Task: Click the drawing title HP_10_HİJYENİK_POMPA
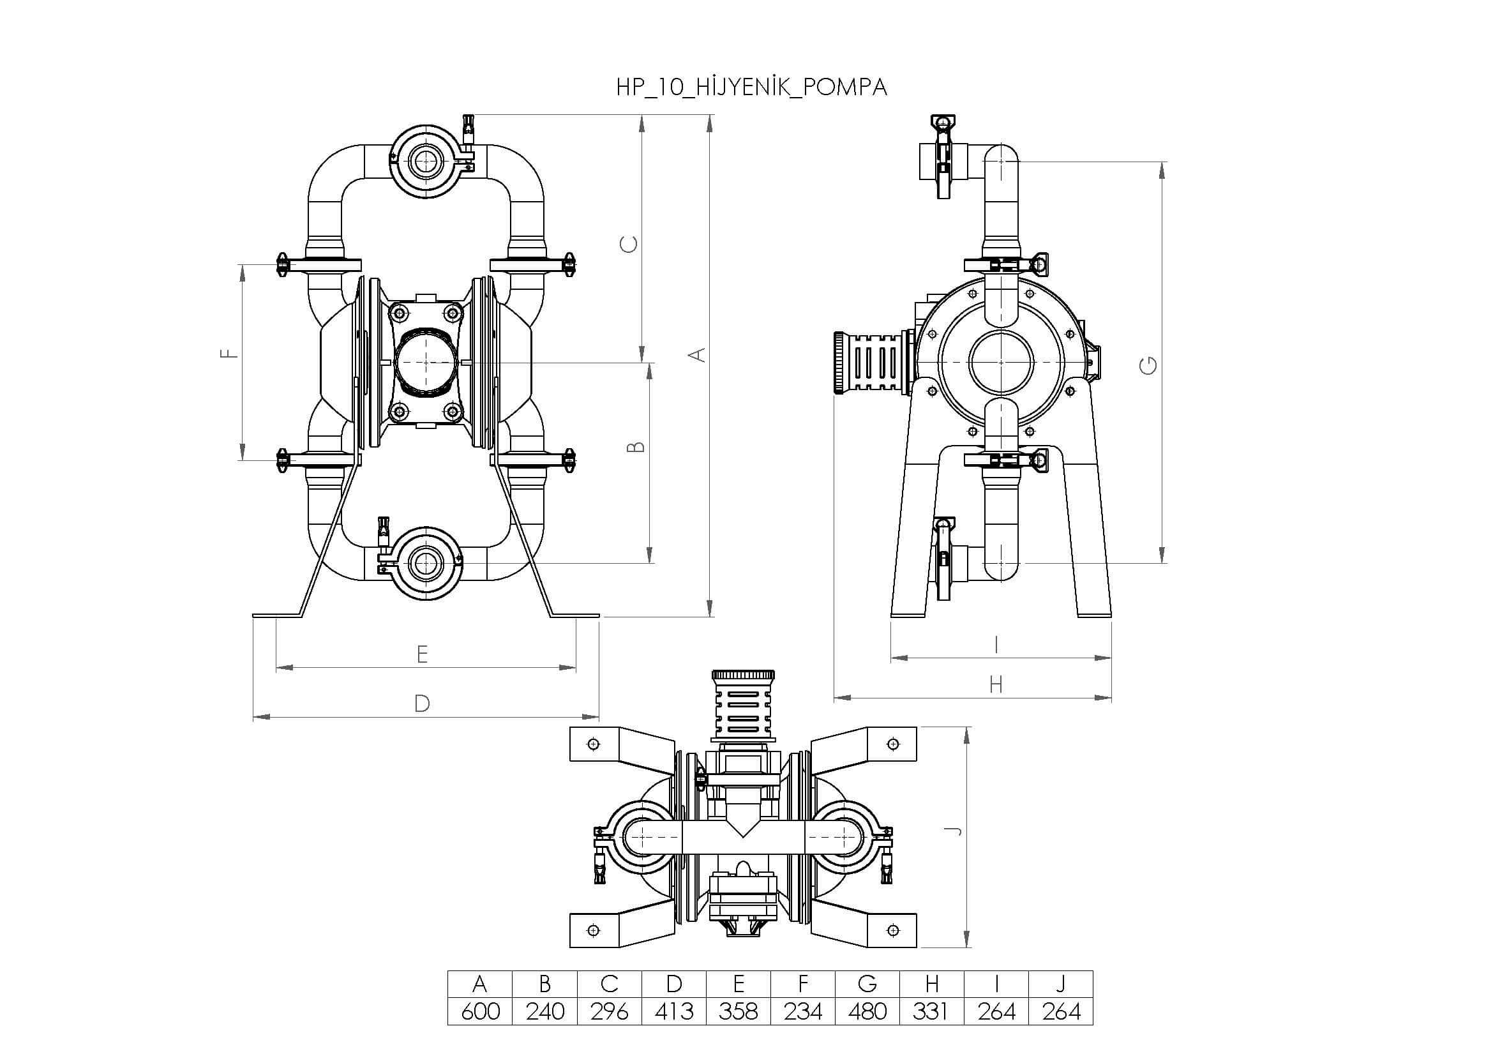752,87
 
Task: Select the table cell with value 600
480,1011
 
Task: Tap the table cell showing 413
673,1011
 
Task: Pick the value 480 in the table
867,1011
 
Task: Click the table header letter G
867,984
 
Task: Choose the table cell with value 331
932,1011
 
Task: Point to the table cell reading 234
803,1011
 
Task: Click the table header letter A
480,984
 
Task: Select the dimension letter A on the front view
696,355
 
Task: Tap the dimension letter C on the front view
629,245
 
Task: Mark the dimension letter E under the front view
422,654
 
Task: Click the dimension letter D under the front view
422,704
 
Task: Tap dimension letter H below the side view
996,684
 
